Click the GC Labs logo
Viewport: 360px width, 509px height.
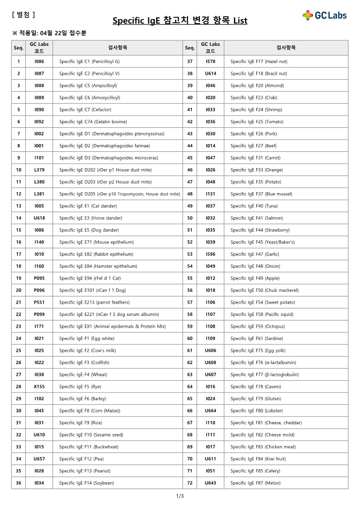[x=324, y=15]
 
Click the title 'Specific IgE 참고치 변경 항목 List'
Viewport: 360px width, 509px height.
[x=180, y=21]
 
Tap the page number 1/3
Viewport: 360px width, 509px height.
[x=180, y=496]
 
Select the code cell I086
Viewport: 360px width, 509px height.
[x=39, y=61]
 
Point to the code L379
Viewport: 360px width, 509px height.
[x=39, y=170]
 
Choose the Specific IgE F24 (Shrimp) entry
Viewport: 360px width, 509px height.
[x=253, y=110]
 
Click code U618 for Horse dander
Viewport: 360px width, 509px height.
[x=39, y=218]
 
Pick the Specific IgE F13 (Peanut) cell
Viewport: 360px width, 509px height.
[x=85, y=471]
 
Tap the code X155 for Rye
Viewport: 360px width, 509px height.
[x=39, y=387]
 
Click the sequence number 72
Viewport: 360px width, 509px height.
[x=190, y=483]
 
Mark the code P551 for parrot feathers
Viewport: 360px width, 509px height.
[x=39, y=302]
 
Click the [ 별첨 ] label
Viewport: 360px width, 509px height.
[x=23, y=15]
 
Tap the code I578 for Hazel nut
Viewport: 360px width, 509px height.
[x=210, y=61]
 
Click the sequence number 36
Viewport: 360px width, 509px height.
[x=19, y=483]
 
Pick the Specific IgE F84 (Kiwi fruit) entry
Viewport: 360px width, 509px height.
[x=258, y=459]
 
